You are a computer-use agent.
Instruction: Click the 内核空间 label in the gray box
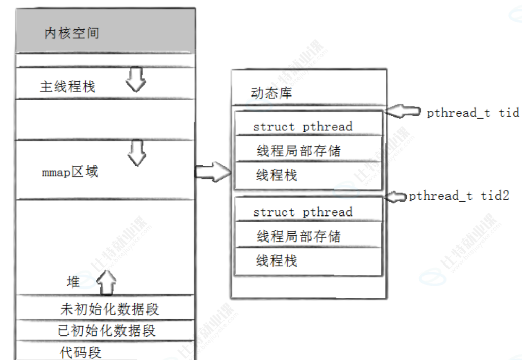72,34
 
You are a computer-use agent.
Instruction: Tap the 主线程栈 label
67,86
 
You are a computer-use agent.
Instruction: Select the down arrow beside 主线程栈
136,80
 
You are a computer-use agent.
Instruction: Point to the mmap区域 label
70,172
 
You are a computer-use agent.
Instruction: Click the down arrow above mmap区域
136,152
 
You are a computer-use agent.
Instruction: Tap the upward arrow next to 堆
106,281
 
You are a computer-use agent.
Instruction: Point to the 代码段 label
81,352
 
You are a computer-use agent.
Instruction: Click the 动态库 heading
271,93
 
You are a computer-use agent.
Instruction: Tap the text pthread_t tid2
459,196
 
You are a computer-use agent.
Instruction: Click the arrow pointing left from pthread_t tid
403,112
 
